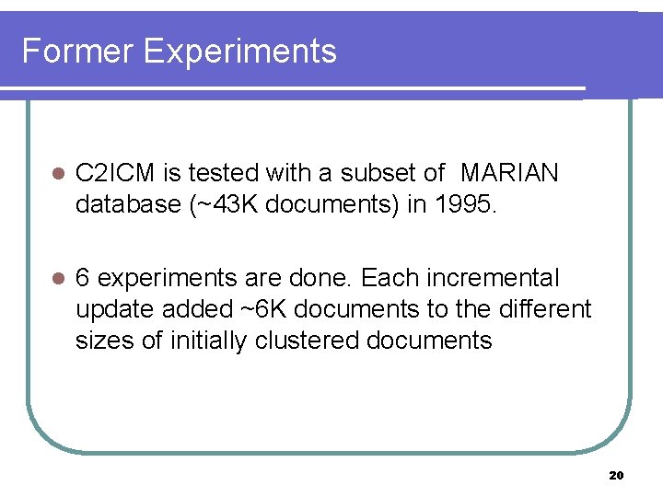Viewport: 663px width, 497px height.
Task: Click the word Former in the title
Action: pos(77,51)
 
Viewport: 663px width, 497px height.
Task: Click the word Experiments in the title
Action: pos(240,52)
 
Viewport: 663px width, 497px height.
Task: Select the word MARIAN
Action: pos(508,173)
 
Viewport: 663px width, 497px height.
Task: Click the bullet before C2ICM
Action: pos(57,174)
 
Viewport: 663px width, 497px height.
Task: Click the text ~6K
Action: pos(237,309)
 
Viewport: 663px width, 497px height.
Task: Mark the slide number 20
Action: pos(616,476)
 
